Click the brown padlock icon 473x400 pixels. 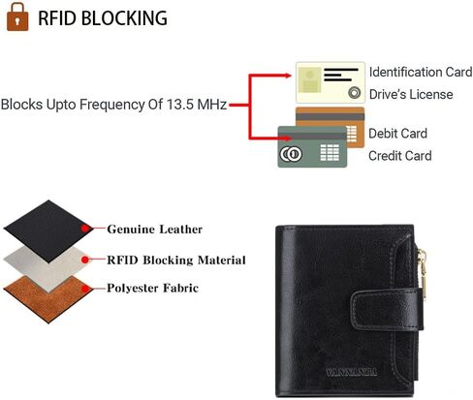pos(17,17)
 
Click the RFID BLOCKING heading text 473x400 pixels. pos(103,18)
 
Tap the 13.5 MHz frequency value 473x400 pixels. pos(197,105)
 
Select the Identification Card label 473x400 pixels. pos(421,72)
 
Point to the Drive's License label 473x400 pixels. pos(411,94)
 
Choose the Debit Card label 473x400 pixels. pos(397,134)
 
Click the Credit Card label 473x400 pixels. pos(400,156)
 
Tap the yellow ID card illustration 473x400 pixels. pos(331,82)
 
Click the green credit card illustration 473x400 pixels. pos(312,147)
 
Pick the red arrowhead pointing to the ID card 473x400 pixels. pos(288,76)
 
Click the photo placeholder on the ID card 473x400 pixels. pos(309,79)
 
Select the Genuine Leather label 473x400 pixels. pos(155,230)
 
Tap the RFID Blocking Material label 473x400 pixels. pos(176,261)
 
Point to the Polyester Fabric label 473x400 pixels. pos(152,288)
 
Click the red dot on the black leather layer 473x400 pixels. pos(85,229)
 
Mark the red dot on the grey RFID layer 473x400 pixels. pos(85,260)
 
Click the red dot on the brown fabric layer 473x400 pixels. pos(85,289)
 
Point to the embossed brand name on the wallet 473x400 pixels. pos(351,372)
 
